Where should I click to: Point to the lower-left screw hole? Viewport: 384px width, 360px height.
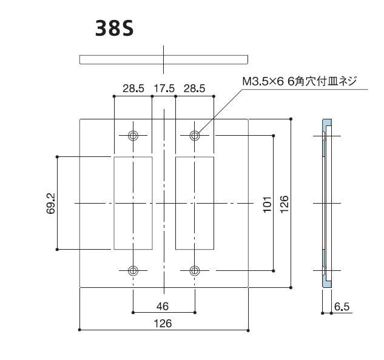click(x=133, y=270)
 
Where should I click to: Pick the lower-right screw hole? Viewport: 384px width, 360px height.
click(x=194, y=270)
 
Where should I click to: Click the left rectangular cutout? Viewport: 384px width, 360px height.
click(x=133, y=202)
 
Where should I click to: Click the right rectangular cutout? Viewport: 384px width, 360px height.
click(x=194, y=202)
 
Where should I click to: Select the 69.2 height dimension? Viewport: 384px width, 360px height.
click(x=51, y=203)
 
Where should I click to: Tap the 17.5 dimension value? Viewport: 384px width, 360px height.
click(x=163, y=88)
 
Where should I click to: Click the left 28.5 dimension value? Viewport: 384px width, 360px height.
click(x=133, y=88)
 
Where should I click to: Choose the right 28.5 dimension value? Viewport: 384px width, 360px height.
click(x=194, y=88)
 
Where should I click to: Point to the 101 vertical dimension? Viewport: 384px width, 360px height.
click(x=266, y=203)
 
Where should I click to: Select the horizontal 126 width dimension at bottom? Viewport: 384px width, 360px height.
click(x=163, y=323)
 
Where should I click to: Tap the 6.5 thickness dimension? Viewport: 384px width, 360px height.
click(x=342, y=307)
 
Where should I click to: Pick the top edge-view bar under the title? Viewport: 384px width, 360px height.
click(x=164, y=58)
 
